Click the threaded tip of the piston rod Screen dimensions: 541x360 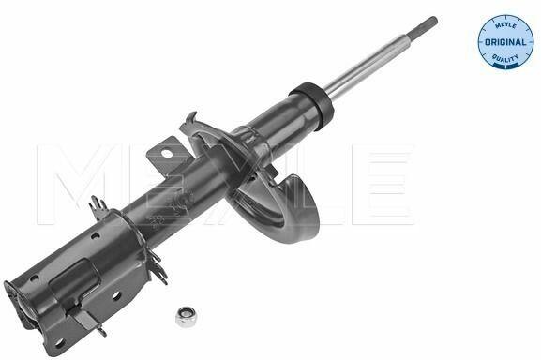(422, 25)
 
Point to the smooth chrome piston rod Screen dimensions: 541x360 (366, 64)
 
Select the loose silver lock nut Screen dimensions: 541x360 (183, 316)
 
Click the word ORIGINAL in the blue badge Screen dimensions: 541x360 (505, 42)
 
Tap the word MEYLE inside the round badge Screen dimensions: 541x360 (505, 25)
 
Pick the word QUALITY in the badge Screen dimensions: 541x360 (505, 59)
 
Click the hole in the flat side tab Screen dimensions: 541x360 (166, 154)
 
